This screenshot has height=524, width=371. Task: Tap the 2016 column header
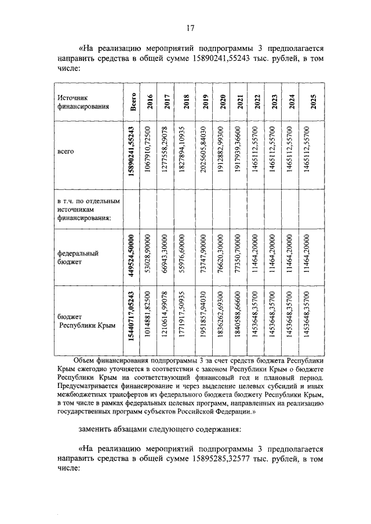pos(150,102)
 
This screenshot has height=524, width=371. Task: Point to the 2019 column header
pos(202,102)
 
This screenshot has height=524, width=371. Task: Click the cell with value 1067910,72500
pos(150,153)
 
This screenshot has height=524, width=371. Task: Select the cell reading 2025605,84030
pos(202,153)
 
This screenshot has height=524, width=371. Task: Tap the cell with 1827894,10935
pos(185,153)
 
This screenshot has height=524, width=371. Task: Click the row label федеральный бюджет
pos(78,258)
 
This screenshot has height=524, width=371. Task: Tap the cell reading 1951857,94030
pos(202,322)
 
